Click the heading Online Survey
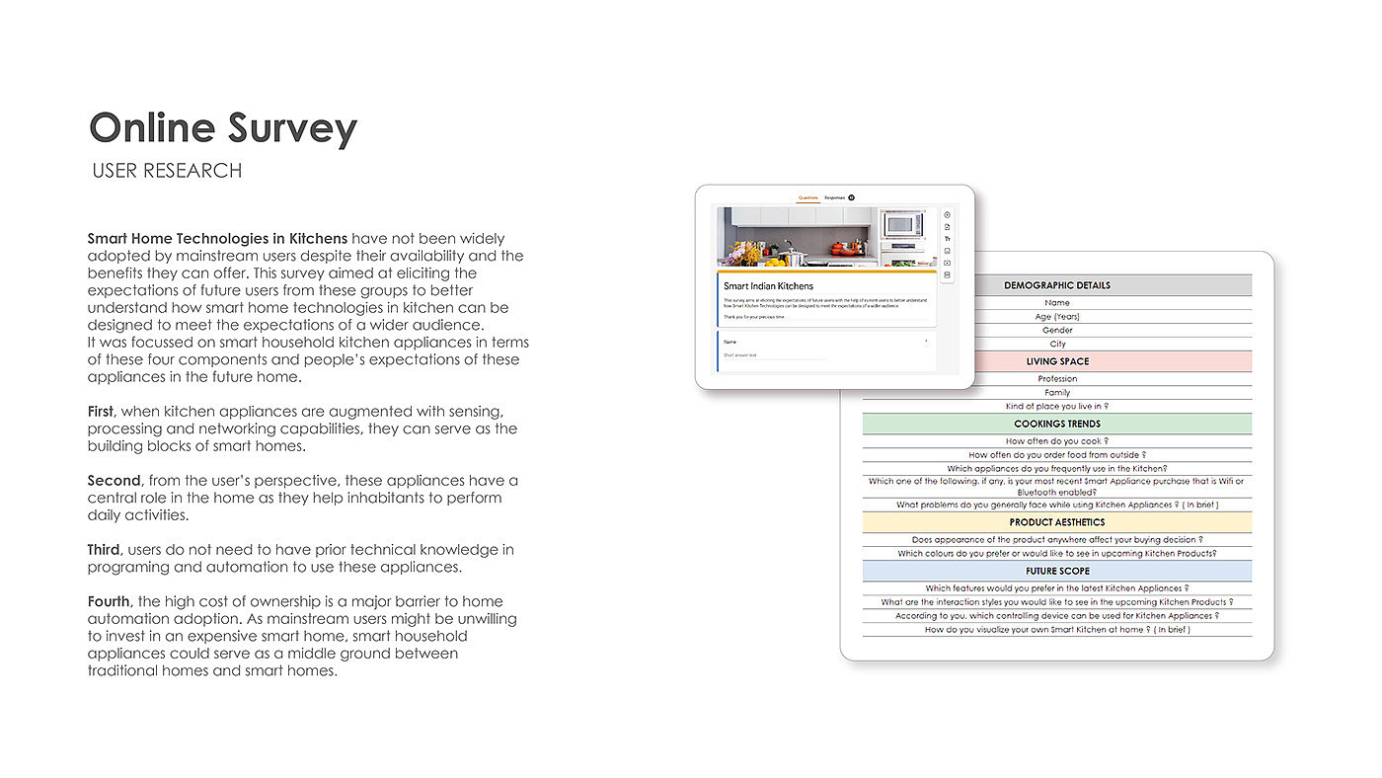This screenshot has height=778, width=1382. coord(223,129)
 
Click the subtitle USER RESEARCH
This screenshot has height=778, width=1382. coord(167,171)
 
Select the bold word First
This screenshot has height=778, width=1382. coord(102,411)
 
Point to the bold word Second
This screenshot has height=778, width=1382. coord(114,481)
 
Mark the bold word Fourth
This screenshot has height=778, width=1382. coord(109,601)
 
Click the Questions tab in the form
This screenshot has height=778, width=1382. coord(807,197)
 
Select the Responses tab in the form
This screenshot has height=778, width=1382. coord(835,197)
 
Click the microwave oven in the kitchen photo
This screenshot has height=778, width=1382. coord(902,224)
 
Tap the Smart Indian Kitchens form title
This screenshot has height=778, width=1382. coord(769,286)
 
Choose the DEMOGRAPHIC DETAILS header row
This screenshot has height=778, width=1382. coord(1057,285)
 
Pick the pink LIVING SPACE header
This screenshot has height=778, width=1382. coord(1057,361)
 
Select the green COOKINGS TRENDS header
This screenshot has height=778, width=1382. coord(1057,424)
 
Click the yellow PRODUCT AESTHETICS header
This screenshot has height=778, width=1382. coord(1057,522)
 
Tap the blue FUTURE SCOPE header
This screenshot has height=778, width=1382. coord(1057,571)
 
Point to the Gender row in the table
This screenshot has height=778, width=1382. coord(1057,331)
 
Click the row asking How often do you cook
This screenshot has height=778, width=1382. coord(1057,441)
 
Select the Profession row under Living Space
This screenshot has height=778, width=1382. coord(1057,379)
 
